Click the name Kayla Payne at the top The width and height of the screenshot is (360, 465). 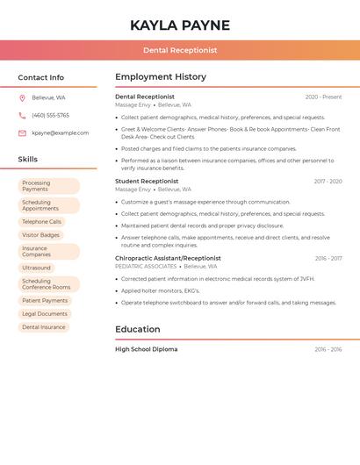[180, 25]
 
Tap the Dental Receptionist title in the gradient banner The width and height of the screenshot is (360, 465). [180, 50]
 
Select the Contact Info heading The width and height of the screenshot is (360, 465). [41, 77]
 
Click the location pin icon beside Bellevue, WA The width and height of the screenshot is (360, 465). [22, 97]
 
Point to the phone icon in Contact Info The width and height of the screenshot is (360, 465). [22, 115]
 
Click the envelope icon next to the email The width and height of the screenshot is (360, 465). [22, 133]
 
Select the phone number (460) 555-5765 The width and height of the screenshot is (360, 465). [50, 115]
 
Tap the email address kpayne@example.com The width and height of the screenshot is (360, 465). [60, 133]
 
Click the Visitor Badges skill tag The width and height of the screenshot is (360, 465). [41, 235]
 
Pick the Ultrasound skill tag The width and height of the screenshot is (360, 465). [36, 268]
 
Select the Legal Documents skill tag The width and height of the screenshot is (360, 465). [45, 313]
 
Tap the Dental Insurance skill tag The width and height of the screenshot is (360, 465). [44, 326]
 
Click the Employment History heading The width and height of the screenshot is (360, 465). [161, 77]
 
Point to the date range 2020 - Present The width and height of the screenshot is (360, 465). [323, 97]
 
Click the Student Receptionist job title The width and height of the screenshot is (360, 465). [147, 182]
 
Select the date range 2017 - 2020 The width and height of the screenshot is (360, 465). [328, 182]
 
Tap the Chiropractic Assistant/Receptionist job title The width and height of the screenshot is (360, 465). [168, 259]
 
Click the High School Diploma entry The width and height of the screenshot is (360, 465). [146, 349]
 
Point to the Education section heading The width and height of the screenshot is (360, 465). [138, 330]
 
